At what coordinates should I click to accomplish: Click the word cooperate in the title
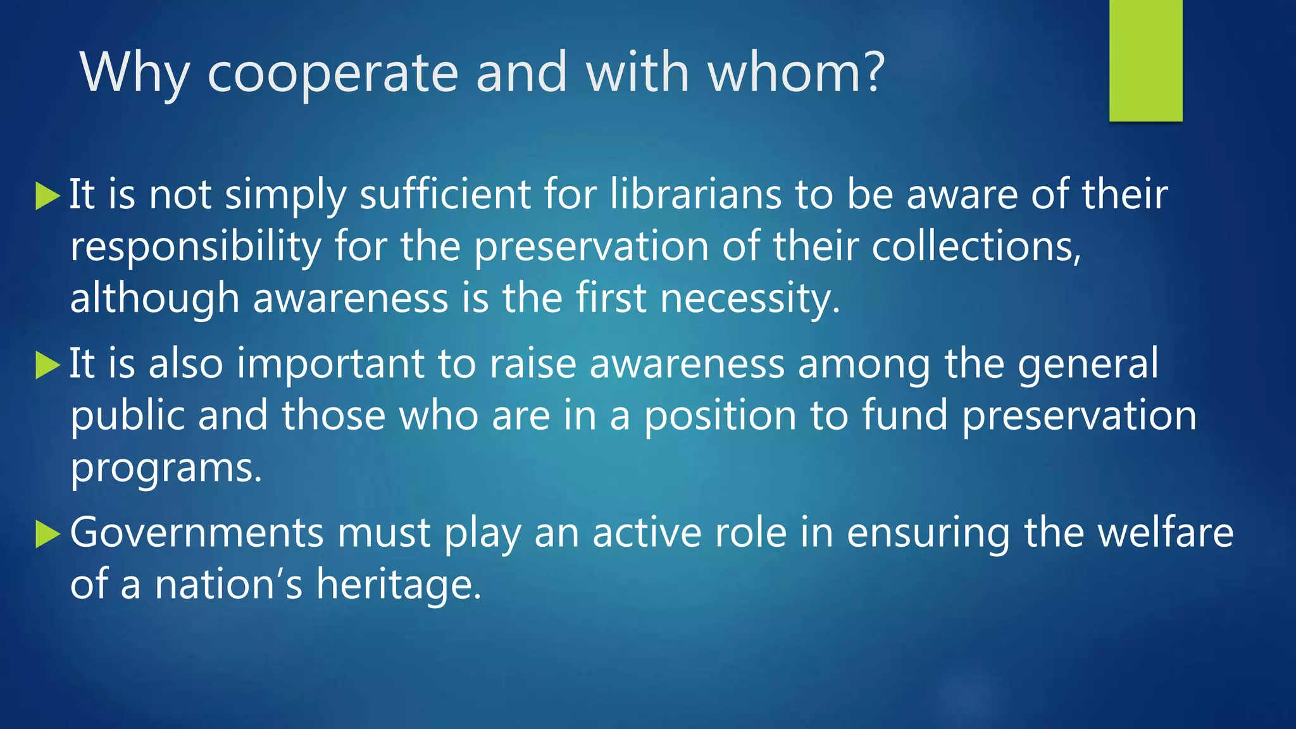[x=332, y=73]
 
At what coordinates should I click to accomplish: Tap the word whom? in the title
[x=795, y=73]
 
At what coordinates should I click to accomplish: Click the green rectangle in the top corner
[x=1145, y=60]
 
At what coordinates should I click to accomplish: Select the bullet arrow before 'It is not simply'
[x=47, y=196]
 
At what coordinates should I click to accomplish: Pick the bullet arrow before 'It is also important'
[x=47, y=365]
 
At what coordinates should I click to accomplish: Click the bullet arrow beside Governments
[x=47, y=534]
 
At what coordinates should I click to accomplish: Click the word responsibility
[x=196, y=247]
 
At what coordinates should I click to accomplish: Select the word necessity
[x=750, y=299]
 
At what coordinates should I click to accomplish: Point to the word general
[x=1088, y=364]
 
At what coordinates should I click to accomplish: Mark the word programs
[x=166, y=469]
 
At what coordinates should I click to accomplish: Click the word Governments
[x=197, y=533]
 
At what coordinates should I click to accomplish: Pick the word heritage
[x=399, y=585]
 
